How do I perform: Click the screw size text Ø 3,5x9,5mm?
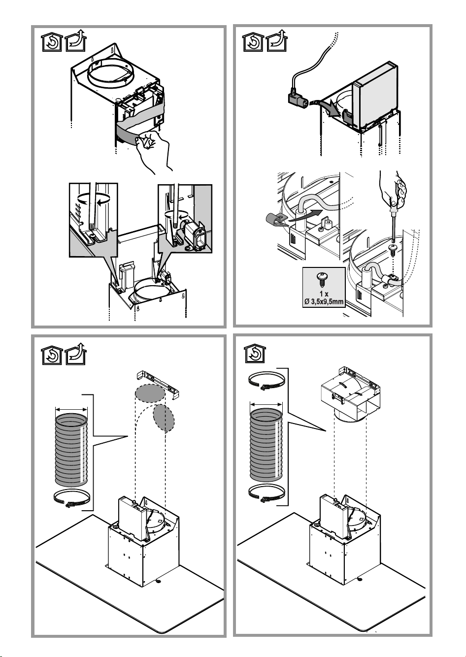[324, 301]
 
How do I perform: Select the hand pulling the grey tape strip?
[153, 151]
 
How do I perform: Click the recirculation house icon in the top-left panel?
[52, 42]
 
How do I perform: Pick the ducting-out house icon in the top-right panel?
[277, 41]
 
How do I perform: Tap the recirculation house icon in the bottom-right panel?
[255, 354]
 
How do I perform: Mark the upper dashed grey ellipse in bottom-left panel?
[150, 393]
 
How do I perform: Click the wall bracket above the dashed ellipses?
[159, 384]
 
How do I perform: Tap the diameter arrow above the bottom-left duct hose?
[71, 409]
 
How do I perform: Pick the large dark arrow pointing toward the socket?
[330, 108]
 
